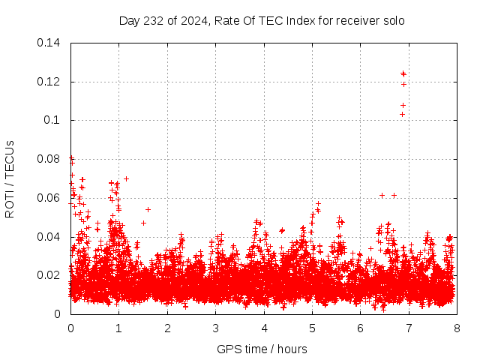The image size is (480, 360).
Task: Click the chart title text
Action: pos(262,20)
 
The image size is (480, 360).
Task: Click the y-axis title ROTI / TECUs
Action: pos(10,178)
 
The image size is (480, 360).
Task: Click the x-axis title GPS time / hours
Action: pos(262,349)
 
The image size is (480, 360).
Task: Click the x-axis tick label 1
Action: pos(118,328)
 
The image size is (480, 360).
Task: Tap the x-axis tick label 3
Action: pos(215,328)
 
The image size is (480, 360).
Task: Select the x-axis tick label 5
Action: pos(312,328)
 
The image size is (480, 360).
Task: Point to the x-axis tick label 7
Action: pos(409,328)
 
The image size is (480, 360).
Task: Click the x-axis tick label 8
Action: pos(457,328)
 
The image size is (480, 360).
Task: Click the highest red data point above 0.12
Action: pos(403,73)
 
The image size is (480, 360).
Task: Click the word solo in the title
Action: pos(393,20)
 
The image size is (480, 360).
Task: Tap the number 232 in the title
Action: pos(154,20)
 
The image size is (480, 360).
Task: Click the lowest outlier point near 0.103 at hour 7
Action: pos(402,114)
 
